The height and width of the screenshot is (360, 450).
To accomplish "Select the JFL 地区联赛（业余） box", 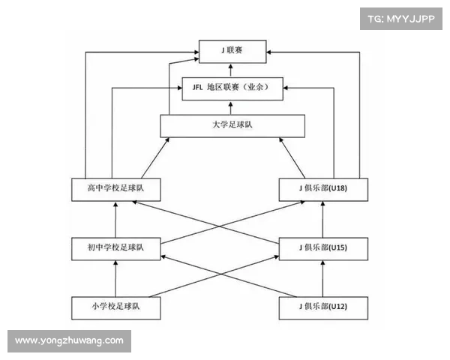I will (232, 88).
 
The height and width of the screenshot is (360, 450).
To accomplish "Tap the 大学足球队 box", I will (232, 125).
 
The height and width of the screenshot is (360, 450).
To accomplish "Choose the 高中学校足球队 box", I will (115, 189).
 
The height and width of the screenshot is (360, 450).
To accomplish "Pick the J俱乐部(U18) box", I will (323, 189).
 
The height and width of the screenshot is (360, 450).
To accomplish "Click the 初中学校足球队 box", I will (115, 247).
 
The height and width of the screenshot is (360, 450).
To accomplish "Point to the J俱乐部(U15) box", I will (323, 247).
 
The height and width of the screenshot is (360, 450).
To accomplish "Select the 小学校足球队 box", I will (115, 307).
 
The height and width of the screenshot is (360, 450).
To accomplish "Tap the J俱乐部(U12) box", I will (323, 307).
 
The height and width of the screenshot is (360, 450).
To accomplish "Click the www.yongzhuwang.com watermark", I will (69, 341).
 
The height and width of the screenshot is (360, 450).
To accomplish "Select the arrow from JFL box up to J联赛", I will (232, 70).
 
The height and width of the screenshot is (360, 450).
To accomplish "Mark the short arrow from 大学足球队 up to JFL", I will (232, 106).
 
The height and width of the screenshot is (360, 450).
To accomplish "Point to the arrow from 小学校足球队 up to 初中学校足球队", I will (115, 277).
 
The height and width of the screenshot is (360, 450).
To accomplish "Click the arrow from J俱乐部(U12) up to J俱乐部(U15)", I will (323, 277).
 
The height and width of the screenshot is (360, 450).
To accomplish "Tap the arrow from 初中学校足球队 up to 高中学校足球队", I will (115, 218).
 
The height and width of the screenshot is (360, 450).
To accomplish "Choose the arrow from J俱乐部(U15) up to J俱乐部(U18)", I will (323, 218).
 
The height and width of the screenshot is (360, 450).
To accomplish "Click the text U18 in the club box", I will (337, 189).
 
